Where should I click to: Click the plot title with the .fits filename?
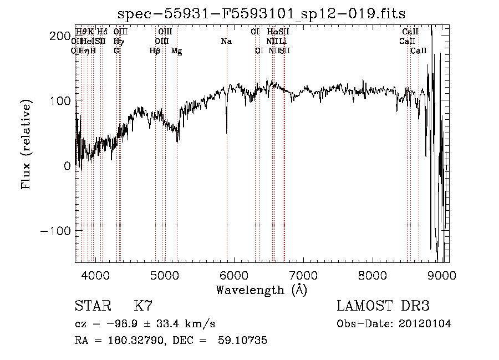262,14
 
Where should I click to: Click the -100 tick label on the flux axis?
55,230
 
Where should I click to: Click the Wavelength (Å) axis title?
261,290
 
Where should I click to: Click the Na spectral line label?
226,42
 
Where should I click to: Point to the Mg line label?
176,51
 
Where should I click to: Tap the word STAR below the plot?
92,306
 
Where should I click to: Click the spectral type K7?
143,306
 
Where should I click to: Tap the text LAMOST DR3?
383,306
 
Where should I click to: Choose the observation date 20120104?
425,324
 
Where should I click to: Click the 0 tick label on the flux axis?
67,165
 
